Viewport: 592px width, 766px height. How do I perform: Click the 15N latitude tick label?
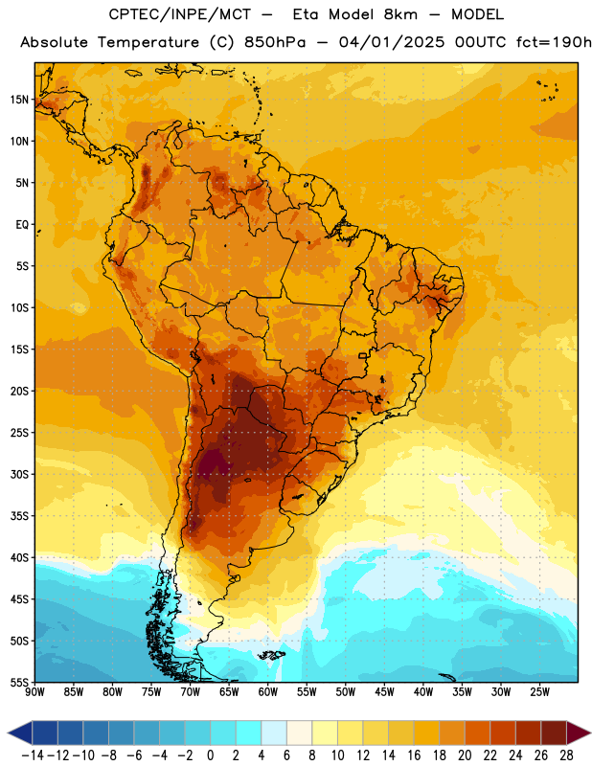pyautogui.click(x=19, y=100)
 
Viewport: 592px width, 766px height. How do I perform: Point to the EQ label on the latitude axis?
pyautogui.click(x=22, y=225)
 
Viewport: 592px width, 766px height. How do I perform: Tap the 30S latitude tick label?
pyautogui.click(x=20, y=474)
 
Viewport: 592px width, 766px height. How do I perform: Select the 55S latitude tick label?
pyautogui.click(x=20, y=682)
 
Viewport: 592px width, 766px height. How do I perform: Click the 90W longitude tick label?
pyautogui.click(x=34, y=691)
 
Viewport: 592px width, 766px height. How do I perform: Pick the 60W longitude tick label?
pyautogui.click(x=268, y=691)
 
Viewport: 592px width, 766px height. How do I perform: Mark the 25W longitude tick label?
pyautogui.click(x=539, y=691)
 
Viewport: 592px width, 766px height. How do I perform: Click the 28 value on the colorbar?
pyautogui.click(x=566, y=755)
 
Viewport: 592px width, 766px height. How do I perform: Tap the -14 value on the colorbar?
pyautogui.click(x=33, y=755)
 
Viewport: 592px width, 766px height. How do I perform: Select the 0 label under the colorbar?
pyautogui.click(x=210, y=755)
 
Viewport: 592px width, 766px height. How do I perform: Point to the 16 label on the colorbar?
pyautogui.click(x=414, y=755)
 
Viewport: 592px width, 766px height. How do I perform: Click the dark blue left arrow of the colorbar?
pyautogui.click(x=20, y=732)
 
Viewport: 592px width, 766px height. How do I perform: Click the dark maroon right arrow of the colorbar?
pyautogui.click(x=579, y=732)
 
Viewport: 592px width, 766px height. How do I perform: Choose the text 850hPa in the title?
pyautogui.click(x=275, y=42)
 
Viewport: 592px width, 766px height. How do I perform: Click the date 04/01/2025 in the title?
pyautogui.click(x=392, y=42)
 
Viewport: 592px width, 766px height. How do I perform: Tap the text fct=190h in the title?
pyautogui.click(x=554, y=42)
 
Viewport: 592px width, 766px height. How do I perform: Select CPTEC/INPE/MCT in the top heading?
pyautogui.click(x=179, y=14)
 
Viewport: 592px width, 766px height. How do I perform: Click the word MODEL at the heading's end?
pyautogui.click(x=477, y=14)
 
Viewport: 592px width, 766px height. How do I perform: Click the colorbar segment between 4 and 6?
pyautogui.click(x=274, y=732)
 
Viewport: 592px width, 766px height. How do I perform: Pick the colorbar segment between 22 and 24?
pyautogui.click(x=503, y=732)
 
